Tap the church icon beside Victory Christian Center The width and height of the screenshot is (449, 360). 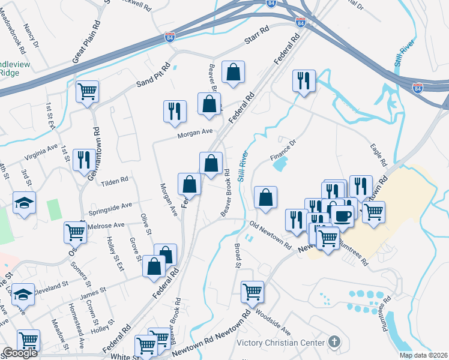(x=335, y=343)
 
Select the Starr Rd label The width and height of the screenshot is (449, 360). (x=259, y=41)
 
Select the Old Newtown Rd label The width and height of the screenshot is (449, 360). (x=270, y=235)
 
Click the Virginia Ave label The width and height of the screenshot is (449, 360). (x=41, y=151)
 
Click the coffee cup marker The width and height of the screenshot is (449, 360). (x=342, y=215)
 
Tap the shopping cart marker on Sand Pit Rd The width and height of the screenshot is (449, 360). (x=88, y=91)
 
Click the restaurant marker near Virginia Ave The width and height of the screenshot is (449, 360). (x=84, y=159)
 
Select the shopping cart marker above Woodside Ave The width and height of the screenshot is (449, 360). (x=253, y=292)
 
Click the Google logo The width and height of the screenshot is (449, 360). (x=20, y=353)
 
